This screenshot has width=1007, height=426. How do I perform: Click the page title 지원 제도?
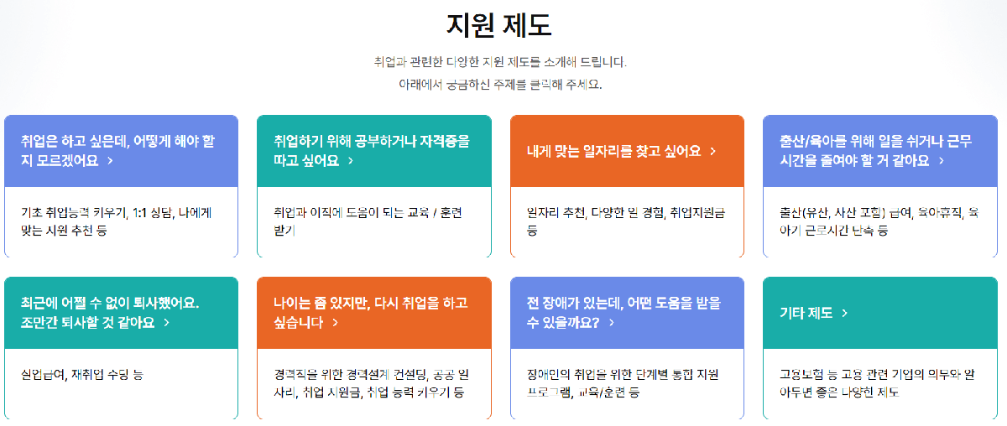[498, 25]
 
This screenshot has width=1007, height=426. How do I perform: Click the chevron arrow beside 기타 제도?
[844, 313]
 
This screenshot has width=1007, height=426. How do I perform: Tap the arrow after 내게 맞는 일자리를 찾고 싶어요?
[712, 151]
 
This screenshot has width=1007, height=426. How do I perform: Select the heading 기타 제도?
[804, 313]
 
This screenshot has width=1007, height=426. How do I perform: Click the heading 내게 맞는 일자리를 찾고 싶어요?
[613, 151]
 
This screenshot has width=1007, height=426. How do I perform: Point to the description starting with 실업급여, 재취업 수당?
[82, 374]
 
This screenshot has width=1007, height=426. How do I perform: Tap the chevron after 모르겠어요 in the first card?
[110, 160]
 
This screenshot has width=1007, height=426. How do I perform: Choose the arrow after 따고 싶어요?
[350, 160]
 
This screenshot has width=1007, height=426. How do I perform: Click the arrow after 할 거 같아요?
[942, 160]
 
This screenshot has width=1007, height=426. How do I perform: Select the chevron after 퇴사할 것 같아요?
[166, 322]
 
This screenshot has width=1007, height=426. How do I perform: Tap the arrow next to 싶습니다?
[335, 322]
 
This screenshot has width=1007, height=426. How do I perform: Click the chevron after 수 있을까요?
[612, 322]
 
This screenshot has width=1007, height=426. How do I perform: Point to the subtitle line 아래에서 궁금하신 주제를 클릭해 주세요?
[500, 85]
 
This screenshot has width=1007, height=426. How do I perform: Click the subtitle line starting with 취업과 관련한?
[500, 62]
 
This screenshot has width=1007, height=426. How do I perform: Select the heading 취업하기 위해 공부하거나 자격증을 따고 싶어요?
[371, 150]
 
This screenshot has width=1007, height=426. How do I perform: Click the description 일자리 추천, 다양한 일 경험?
[626, 221]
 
